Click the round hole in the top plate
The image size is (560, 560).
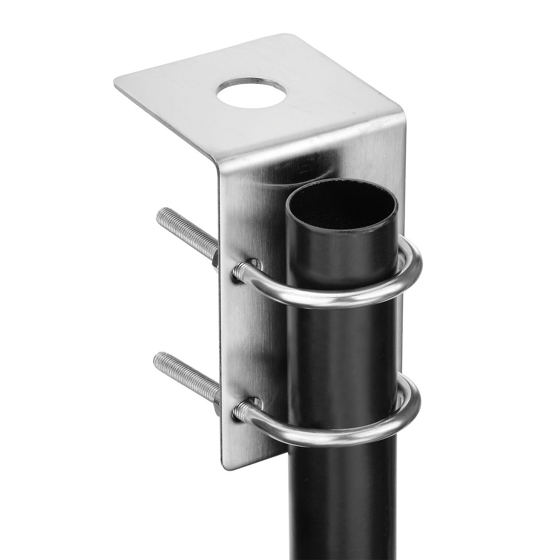pos(251,93)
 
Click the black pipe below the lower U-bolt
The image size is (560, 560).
pos(343,504)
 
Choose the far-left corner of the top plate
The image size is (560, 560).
pos(116,84)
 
